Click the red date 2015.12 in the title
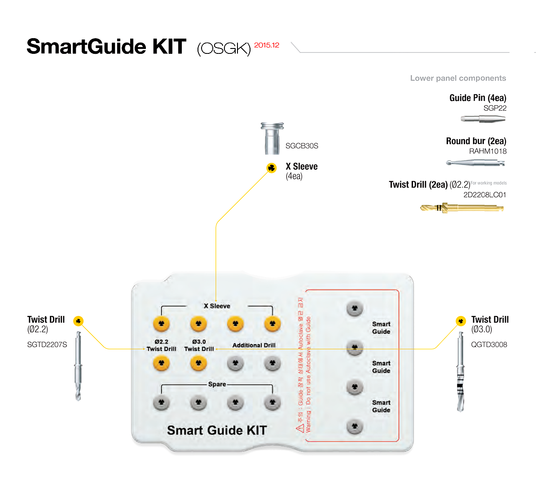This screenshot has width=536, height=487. [x=267, y=45]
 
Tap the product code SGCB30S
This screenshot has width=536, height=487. [x=302, y=146]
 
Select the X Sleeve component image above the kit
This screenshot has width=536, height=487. [x=272, y=138]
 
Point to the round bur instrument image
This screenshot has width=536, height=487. [x=475, y=162]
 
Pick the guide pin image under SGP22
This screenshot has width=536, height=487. [x=483, y=119]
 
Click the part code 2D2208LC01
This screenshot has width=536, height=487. [x=485, y=195]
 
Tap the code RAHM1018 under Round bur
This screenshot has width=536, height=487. [x=488, y=151]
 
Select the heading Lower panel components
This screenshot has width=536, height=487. [x=458, y=78]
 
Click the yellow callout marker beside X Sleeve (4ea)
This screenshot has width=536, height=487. [x=272, y=168]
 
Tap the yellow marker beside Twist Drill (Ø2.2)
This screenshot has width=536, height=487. [x=78, y=321]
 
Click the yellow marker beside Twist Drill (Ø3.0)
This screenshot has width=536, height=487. [x=461, y=321]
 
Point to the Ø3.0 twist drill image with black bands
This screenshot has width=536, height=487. [x=460, y=373]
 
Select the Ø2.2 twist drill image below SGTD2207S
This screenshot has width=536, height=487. [x=78, y=366]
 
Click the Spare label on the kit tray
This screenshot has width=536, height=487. [x=217, y=384]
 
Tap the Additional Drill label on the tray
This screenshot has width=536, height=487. [x=254, y=345]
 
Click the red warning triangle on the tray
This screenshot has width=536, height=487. [x=300, y=427]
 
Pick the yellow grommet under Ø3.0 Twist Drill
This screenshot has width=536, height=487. [x=198, y=363]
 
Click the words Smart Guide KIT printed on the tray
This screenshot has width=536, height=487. [x=217, y=430]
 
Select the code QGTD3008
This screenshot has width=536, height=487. [x=489, y=345]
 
